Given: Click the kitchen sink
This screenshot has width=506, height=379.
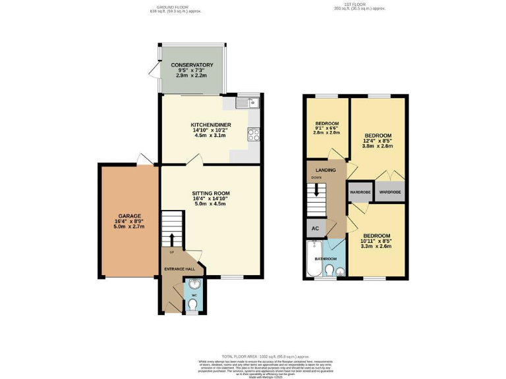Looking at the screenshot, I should pos(247,103).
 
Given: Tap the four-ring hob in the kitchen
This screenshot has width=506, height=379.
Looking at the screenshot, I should pos(254,134).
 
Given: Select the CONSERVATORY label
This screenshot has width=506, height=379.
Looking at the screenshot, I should pos(192,65).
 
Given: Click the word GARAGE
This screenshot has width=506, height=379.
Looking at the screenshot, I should pos(128,216).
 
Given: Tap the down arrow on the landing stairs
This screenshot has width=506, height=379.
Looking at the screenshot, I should pos(318,191).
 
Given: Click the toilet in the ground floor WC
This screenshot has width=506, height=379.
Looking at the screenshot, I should pos(192,305).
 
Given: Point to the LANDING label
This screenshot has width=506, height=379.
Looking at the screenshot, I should pos(325,170).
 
